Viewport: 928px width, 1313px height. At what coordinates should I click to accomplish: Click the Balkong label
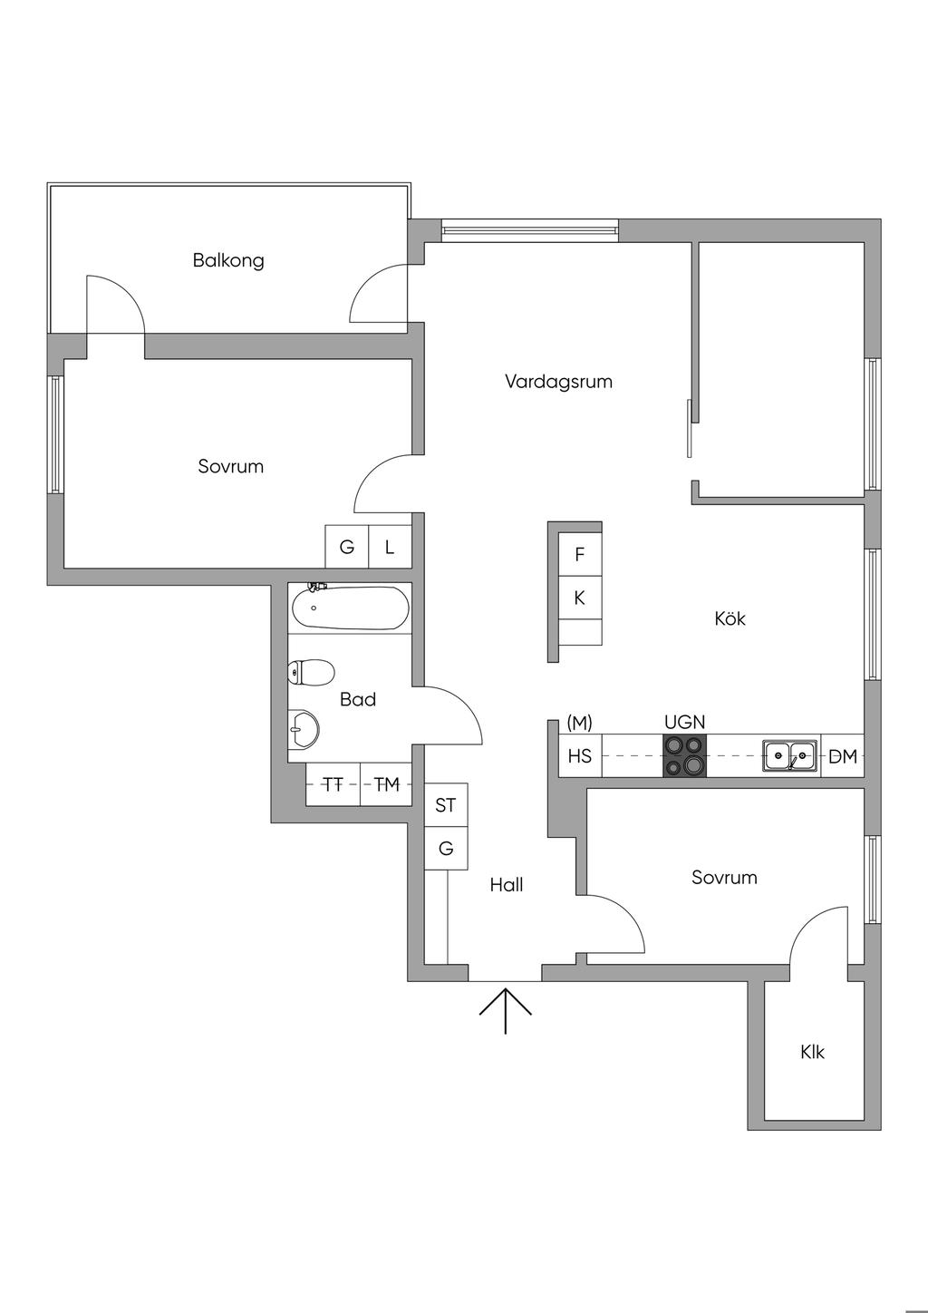[228, 260]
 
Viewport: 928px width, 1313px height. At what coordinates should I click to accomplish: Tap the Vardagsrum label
[558, 382]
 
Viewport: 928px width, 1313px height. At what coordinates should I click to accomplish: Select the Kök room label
[730, 618]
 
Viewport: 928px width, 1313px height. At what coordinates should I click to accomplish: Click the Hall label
[507, 884]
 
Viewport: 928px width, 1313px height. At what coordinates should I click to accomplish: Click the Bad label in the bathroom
[357, 699]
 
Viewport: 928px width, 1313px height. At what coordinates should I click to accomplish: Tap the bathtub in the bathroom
[351, 608]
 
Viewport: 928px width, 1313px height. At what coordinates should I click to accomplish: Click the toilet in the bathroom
[311, 672]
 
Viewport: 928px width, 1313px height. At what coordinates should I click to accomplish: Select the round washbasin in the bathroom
[304, 730]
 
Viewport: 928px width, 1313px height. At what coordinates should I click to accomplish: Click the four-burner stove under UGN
[684, 756]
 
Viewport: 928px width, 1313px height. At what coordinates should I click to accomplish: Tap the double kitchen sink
[789, 755]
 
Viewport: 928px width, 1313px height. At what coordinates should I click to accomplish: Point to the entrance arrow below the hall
[505, 1011]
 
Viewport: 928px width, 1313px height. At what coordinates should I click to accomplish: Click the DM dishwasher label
[843, 757]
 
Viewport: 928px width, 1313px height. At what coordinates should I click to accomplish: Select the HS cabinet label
[579, 756]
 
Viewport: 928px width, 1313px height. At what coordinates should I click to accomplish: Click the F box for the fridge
[580, 555]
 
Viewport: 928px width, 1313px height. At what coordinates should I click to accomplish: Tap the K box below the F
[580, 598]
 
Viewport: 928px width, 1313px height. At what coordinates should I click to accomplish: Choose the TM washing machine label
[387, 784]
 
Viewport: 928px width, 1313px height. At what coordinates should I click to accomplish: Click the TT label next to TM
[333, 784]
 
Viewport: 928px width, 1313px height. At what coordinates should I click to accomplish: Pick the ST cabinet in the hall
[446, 805]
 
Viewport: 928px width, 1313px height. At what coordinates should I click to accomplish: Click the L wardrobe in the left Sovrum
[390, 547]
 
